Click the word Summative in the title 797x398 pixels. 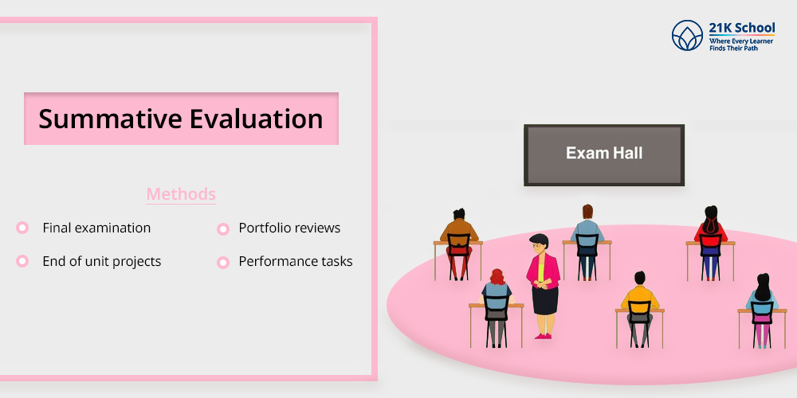[110, 119]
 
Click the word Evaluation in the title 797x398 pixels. [257, 119]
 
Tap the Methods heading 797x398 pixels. [181, 194]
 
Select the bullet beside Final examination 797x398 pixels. [22, 228]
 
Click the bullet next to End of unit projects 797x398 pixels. [22, 261]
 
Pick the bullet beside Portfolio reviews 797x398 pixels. [223, 229]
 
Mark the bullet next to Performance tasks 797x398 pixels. [223, 263]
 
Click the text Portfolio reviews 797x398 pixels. [290, 228]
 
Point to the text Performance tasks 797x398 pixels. [296, 261]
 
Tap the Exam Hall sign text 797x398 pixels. [604, 153]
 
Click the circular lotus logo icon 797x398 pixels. [687, 36]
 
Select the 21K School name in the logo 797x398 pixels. [742, 28]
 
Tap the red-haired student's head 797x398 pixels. [497, 277]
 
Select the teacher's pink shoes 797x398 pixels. [543, 336]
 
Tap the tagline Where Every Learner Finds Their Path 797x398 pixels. [741, 45]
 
